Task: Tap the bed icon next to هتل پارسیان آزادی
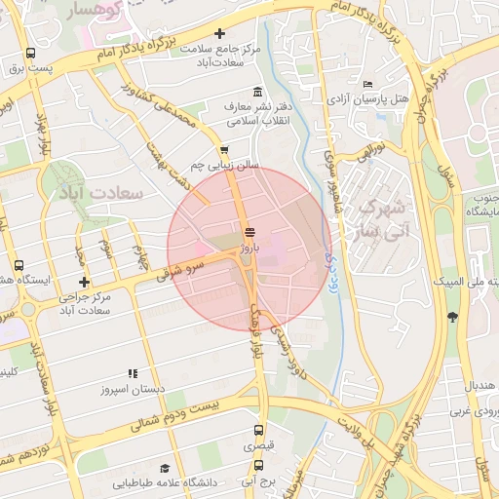coord(366,84)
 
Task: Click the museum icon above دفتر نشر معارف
coord(257,93)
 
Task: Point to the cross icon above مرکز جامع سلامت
coord(220,34)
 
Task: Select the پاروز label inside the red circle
coord(250,248)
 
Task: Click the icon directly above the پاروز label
coord(250,231)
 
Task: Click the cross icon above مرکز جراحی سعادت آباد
coord(84,282)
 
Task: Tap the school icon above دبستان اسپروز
coord(134,373)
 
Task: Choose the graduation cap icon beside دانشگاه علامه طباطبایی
coord(164,468)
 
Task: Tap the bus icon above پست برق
coord(31,54)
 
